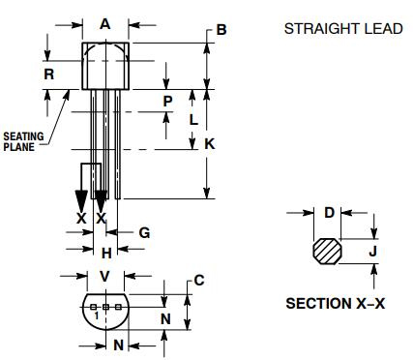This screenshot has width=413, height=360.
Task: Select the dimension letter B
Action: tap(221, 30)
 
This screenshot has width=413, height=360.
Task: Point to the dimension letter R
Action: tap(48, 73)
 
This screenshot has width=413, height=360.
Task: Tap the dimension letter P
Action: tap(167, 101)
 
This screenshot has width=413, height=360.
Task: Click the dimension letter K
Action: tap(210, 143)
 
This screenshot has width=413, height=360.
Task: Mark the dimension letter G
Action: tap(144, 232)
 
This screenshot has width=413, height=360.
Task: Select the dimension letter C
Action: tap(198, 281)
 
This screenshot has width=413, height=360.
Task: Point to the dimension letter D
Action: tap(328, 212)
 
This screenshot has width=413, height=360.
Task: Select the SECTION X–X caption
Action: tap(335, 303)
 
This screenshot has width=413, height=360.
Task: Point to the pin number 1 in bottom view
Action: tap(96, 316)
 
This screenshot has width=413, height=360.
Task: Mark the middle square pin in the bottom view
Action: tap(105, 307)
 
